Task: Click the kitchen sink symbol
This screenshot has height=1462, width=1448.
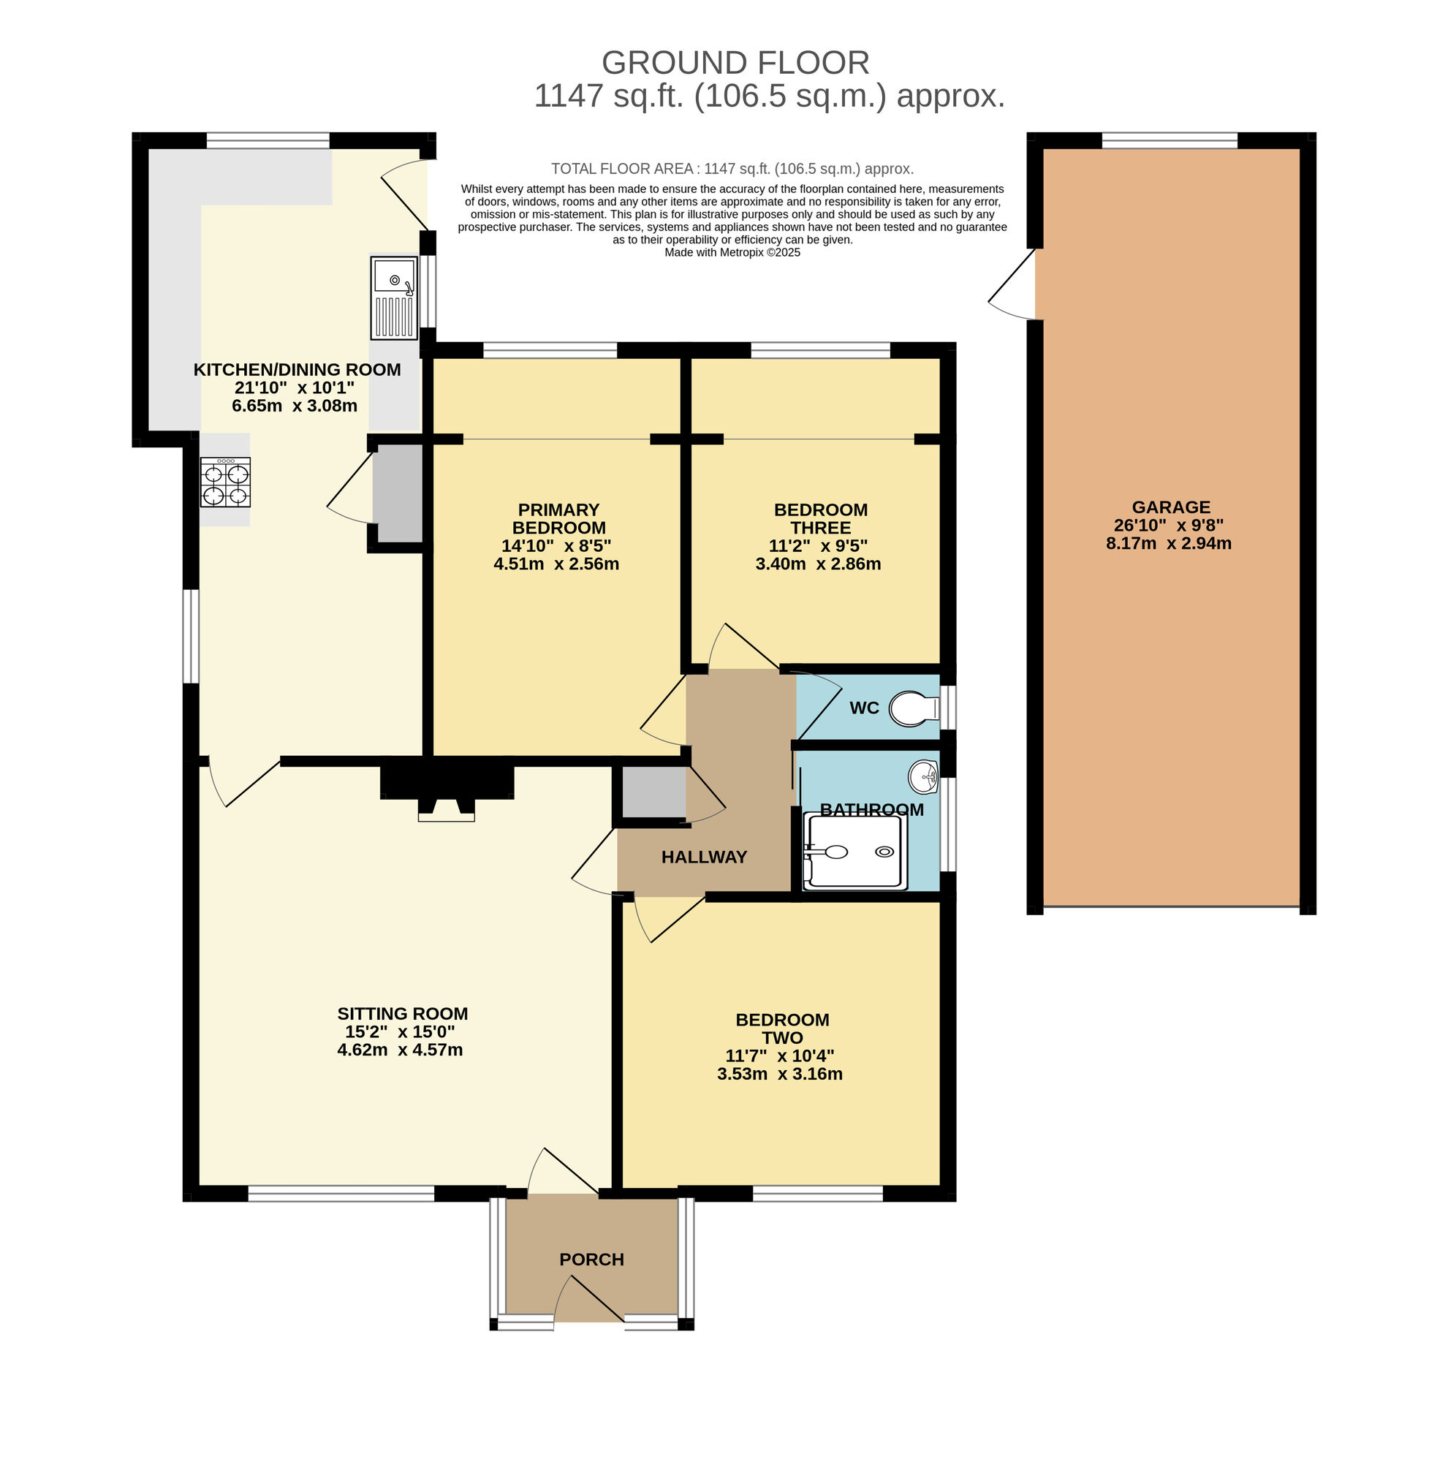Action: [393, 298]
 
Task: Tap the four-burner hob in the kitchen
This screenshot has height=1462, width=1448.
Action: [224, 482]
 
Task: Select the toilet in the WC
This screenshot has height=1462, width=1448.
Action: [913, 708]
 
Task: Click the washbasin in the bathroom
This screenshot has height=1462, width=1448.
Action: [924, 776]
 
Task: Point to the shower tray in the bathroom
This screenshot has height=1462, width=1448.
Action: [855, 852]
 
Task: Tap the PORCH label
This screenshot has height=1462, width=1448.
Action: [591, 1260]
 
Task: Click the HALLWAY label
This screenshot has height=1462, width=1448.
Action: [704, 857]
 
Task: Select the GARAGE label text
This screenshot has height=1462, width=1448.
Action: [1170, 507]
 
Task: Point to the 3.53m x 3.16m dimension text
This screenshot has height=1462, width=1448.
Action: [779, 1074]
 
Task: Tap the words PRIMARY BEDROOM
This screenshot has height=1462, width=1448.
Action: [558, 518]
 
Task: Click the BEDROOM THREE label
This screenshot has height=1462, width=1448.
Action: [820, 518]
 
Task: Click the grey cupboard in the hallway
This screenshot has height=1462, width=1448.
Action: [653, 792]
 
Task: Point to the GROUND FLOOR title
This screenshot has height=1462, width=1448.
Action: [735, 63]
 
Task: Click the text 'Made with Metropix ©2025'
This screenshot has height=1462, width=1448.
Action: [732, 253]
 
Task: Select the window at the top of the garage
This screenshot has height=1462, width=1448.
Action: [1169, 140]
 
